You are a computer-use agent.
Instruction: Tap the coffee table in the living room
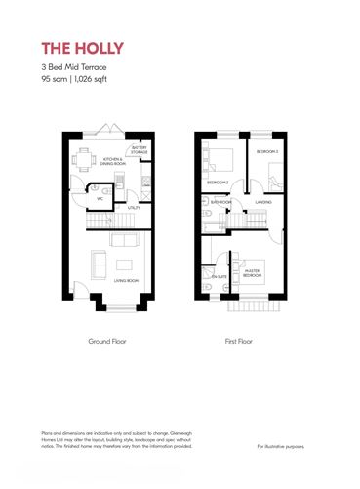click(x=124, y=265)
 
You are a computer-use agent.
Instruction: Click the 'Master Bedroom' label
click(x=252, y=274)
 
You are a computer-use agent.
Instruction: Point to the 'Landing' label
click(x=263, y=202)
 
